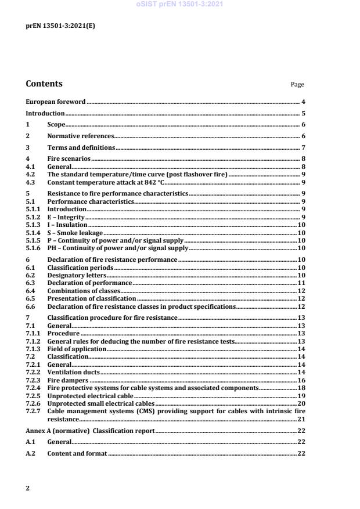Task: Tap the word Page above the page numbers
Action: [297, 85]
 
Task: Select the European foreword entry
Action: [56, 102]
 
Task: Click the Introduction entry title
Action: [45, 114]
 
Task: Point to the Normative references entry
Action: [80, 136]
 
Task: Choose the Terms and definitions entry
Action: [81, 147]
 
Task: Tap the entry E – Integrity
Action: [66, 217]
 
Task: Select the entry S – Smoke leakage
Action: [74, 232]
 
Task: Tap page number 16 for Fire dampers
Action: [301, 380]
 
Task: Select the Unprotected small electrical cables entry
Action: [101, 403]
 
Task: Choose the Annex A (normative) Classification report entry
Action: [89, 431]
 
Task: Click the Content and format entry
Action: [77, 453]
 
